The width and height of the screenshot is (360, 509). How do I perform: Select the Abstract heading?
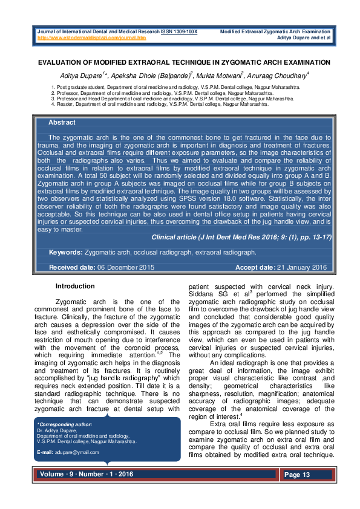point(62,123)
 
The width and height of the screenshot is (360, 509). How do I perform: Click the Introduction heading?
point(75,286)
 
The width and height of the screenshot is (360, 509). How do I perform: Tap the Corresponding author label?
point(62,425)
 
